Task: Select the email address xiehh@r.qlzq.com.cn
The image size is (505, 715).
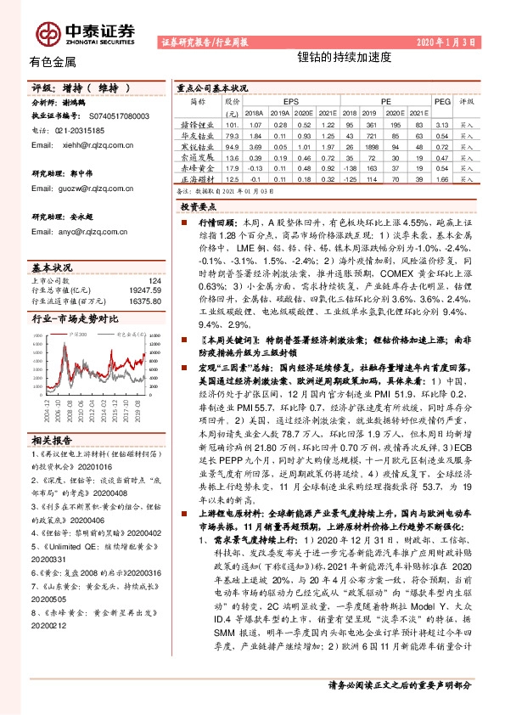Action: pyautogui.click(x=95, y=145)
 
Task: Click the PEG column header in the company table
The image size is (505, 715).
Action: pyautogui.click(x=441, y=100)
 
